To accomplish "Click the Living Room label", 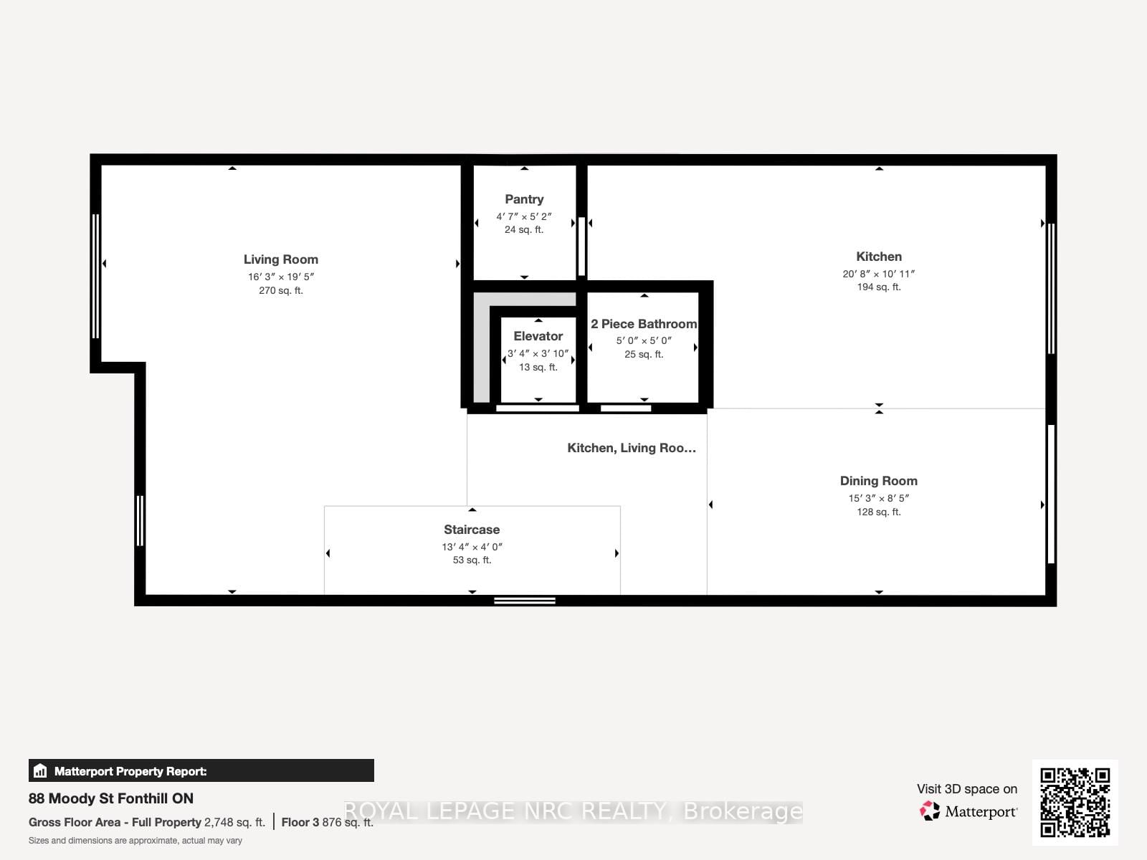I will pos(280,259).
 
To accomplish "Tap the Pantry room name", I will pos(524,199).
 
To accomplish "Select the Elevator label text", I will pos(538,336).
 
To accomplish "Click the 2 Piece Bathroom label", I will pos(644,324).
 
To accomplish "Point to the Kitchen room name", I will pos(878,257).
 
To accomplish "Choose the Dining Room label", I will pos(878,481).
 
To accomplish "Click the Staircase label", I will pos(472,530).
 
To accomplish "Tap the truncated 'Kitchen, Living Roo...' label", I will pos(631,448).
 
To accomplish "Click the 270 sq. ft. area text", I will pos(280,290).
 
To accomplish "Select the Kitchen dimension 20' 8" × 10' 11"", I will pos(878,274).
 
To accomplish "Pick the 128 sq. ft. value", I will pos(878,512).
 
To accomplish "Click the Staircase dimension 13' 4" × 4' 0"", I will pos(472,547).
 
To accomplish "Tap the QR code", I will pos(1075,802).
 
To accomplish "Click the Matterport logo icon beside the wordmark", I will pos(930,811).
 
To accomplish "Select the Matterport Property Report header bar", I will pos(201,771).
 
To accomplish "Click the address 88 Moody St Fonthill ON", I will pos(111,798).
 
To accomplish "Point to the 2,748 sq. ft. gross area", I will pos(234,822).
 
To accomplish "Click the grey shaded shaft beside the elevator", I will pos(482,351).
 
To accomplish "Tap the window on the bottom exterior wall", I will pos(524,601).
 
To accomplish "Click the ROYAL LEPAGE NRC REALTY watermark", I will pos(573,811).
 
